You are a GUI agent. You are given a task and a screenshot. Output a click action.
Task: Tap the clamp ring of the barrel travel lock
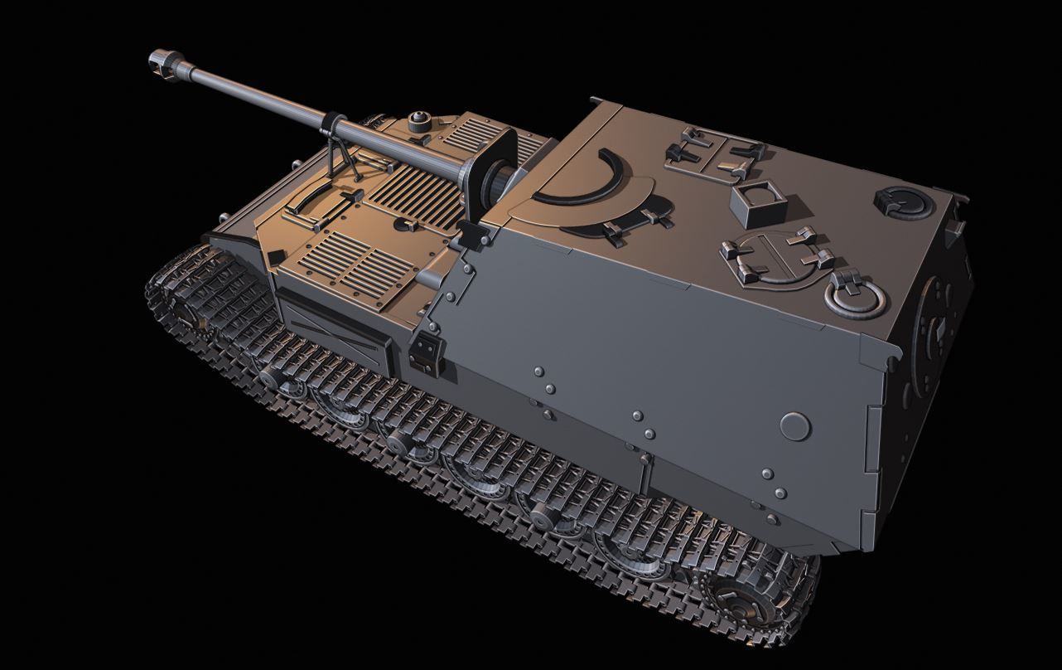[x=330, y=124]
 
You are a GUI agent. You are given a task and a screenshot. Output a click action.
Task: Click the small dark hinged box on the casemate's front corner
[x=426, y=352]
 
